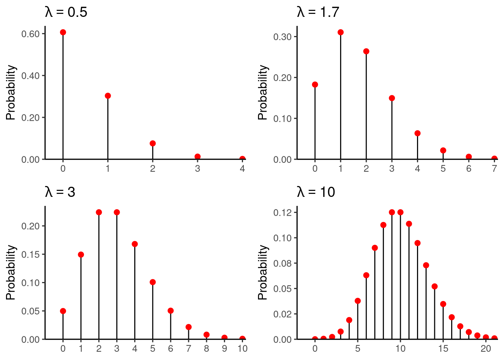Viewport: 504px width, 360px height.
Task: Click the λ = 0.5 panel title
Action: pos(66,12)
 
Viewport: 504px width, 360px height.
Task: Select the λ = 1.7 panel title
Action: pos(318,12)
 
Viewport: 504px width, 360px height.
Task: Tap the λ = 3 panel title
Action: pos(60,192)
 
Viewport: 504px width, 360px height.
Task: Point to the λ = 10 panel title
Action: pos(316,192)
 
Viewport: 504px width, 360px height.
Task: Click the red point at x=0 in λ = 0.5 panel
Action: pos(63,32)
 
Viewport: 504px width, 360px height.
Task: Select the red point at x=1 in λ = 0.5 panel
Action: pos(108,96)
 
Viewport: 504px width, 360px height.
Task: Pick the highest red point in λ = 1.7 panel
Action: pos(340,32)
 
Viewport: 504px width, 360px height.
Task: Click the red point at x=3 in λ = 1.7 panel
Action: pos(392,98)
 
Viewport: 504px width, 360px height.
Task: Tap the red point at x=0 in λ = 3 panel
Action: pos(63,311)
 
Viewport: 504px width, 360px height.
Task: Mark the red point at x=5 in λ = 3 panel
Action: pos(153,282)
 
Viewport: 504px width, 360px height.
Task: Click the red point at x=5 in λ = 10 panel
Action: pos(358,301)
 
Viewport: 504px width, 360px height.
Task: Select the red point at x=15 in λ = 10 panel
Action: pos(443,304)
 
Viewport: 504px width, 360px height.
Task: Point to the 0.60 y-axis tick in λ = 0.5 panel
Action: pos(30,34)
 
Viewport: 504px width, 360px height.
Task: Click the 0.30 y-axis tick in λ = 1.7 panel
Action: pos(282,37)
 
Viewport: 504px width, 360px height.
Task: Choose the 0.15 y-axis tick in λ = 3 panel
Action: pos(30,254)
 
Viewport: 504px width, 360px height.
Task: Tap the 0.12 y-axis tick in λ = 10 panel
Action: pos(282,213)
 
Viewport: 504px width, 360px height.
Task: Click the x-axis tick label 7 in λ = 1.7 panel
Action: pos(494,169)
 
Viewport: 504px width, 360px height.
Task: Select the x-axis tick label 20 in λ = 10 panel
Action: pos(486,349)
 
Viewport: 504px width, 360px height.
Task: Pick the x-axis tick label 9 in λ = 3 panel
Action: pos(225,349)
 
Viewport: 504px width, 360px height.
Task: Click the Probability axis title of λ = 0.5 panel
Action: pos(11,93)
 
